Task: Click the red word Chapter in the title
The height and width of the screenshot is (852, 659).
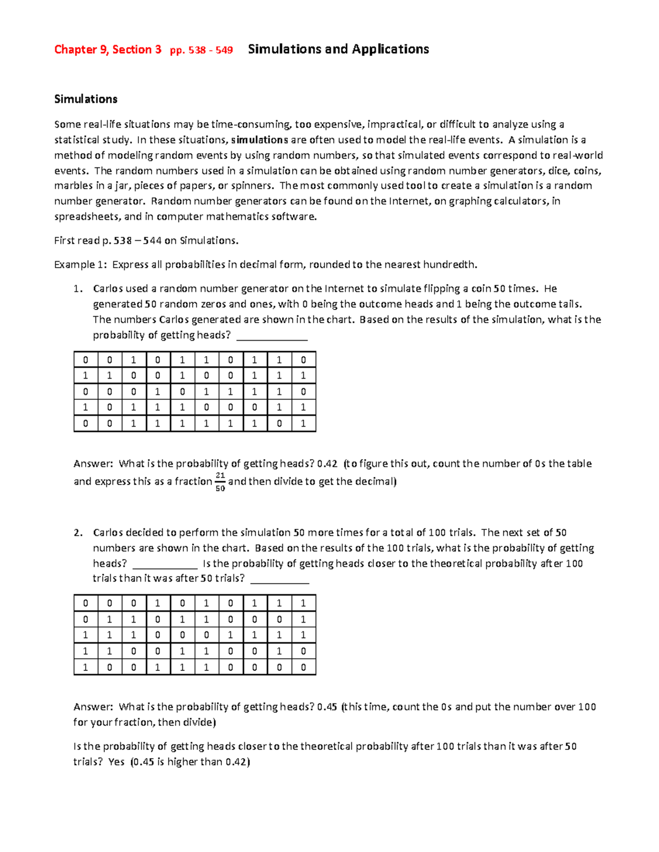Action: pyautogui.click(x=75, y=50)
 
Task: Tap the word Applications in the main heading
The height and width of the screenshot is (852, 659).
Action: pyautogui.click(x=390, y=49)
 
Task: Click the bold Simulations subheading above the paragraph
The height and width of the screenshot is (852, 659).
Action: pyautogui.click(x=86, y=99)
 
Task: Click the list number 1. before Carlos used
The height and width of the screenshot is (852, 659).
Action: pyautogui.click(x=78, y=289)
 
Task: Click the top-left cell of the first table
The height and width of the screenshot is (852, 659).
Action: pyautogui.click(x=86, y=360)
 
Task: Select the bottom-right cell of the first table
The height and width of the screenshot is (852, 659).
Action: pyautogui.click(x=303, y=424)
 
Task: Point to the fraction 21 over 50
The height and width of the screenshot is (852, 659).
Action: pyautogui.click(x=220, y=482)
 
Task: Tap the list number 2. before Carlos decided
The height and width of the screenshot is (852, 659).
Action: pyautogui.click(x=78, y=532)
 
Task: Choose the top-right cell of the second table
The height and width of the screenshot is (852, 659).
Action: pyautogui.click(x=303, y=603)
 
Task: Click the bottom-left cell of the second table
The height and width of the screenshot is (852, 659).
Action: pyautogui.click(x=86, y=667)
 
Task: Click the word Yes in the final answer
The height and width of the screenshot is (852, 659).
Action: pyautogui.click(x=116, y=761)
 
